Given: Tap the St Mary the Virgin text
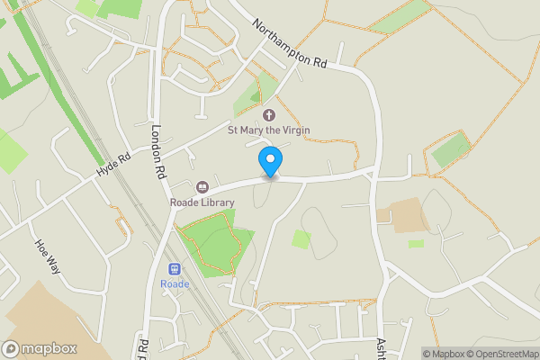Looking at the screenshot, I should tap(268, 130).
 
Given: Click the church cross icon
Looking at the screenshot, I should tap(268, 115).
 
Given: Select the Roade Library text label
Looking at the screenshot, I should tap(202, 202).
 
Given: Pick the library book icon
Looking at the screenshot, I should tap(202, 187).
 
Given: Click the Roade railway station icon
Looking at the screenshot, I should tap(175, 269).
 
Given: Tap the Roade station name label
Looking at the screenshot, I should tap(175, 284).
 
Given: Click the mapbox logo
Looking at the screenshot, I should tap(40, 348).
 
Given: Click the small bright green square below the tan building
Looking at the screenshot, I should tap(415, 243).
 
